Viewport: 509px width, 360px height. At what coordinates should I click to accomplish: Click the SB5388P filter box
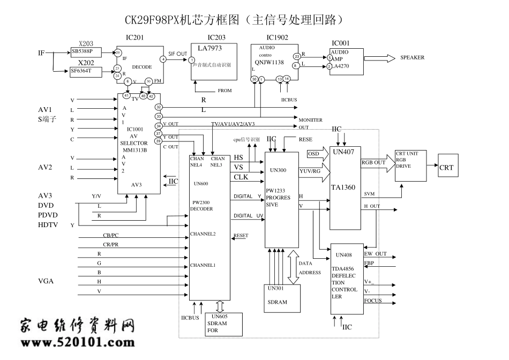point(86,52)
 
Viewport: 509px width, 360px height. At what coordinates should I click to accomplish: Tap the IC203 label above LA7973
point(216,38)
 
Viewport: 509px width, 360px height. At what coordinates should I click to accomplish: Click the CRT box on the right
point(446,167)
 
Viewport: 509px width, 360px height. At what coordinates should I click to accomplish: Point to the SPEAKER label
point(412,58)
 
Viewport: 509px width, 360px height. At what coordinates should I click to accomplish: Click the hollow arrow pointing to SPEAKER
point(384,58)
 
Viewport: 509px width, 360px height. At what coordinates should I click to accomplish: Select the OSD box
point(313,154)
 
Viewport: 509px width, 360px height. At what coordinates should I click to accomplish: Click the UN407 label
point(345,152)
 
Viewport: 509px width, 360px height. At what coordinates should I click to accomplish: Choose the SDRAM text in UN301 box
point(277,302)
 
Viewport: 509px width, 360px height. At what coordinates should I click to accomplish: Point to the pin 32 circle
point(159,107)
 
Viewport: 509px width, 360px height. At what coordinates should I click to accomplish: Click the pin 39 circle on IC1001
point(159,141)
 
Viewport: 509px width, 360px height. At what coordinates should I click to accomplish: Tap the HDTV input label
point(49,225)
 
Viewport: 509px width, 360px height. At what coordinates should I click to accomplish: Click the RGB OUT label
point(373,163)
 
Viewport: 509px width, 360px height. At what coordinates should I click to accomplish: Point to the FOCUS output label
point(373,301)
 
